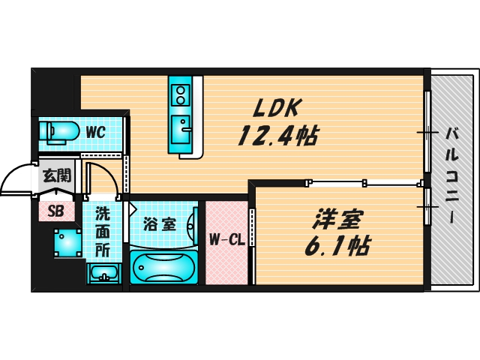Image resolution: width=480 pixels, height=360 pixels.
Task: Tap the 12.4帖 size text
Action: tap(277, 136)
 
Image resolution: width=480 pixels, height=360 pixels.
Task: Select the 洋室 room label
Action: tap(339, 219)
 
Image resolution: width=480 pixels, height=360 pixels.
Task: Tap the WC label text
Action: tap(95, 132)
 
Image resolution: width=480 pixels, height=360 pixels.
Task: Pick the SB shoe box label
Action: tap(56, 211)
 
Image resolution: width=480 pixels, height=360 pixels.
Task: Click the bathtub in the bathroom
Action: tap(163, 267)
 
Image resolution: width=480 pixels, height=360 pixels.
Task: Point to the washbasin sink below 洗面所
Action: tap(102, 273)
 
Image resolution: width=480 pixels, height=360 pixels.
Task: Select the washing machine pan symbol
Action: tap(67, 242)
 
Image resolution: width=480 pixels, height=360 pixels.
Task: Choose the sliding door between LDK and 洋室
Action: tap(337, 181)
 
